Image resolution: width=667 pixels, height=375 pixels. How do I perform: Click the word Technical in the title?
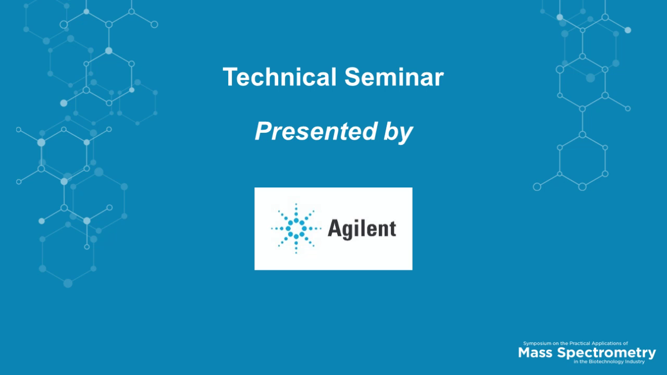coord(279,77)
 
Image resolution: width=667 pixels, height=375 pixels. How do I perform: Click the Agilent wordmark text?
coord(362,228)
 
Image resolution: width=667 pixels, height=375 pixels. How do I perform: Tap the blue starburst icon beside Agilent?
coord(296,228)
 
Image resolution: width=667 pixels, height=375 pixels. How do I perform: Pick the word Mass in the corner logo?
coord(536,353)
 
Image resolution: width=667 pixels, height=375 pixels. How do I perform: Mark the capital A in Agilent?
coord(334,228)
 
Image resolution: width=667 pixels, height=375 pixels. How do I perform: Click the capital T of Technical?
coord(229,77)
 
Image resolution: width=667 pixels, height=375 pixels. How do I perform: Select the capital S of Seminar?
coord(351,77)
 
